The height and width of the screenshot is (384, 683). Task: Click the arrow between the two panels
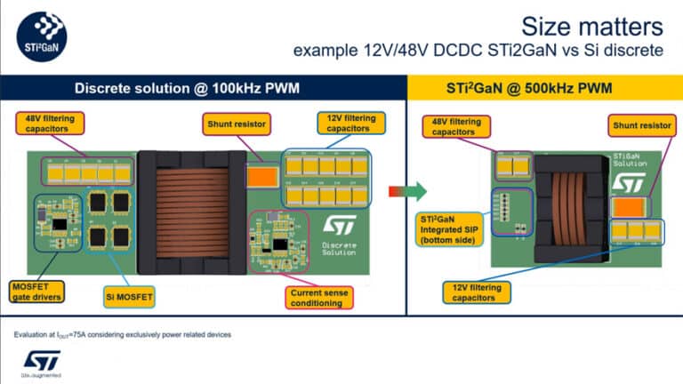[406, 191]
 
